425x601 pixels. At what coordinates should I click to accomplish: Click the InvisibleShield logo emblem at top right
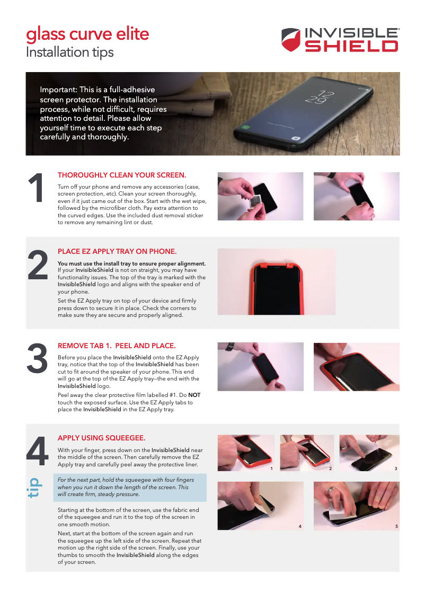[x=292, y=40]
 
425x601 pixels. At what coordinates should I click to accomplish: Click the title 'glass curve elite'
[x=87, y=34]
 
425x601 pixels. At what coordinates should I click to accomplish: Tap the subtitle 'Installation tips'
[x=69, y=52]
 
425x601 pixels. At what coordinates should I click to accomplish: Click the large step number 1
[x=36, y=188]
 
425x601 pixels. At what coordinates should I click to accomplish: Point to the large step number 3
[x=37, y=359]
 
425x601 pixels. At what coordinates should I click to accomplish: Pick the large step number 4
[x=37, y=450]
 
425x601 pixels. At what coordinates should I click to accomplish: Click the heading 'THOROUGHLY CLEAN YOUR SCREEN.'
[x=121, y=175]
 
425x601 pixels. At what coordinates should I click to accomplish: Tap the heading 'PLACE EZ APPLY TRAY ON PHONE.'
[x=117, y=251]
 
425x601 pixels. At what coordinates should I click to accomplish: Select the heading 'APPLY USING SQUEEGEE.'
[x=101, y=438]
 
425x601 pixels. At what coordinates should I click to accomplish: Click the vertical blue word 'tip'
[x=34, y=488]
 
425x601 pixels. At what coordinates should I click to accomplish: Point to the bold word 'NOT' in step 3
[x=194, y=395]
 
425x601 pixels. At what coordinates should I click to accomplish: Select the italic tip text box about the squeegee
[x=129, y=487]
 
